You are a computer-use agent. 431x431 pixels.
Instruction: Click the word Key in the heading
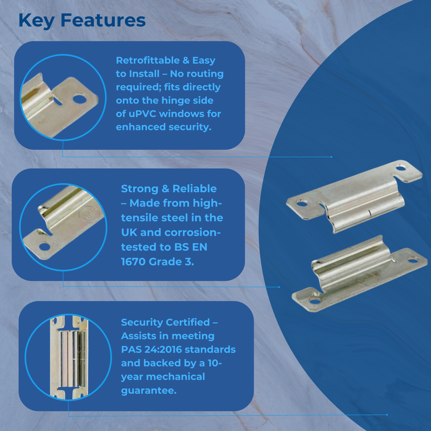tap(36, 20)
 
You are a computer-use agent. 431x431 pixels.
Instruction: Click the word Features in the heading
tap(103, 20)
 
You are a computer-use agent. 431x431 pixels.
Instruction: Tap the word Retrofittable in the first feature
tap(149, 60)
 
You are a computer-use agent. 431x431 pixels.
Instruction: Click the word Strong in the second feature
tap(140, 189)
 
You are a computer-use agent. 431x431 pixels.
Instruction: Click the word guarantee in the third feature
tap(148, 391)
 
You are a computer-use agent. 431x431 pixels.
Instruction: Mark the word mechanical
tap(176, 377)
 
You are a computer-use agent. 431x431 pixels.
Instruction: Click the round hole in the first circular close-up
tap(80, 99)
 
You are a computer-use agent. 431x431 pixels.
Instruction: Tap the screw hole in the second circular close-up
tap(45, 246)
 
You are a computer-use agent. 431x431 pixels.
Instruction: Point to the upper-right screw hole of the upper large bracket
tap(400, 167)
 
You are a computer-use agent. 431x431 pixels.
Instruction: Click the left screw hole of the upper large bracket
tap(302, 204)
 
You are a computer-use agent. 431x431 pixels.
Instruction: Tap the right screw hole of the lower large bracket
tap(413, 260)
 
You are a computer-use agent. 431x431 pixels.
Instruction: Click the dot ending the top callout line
tap(331, 157)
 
